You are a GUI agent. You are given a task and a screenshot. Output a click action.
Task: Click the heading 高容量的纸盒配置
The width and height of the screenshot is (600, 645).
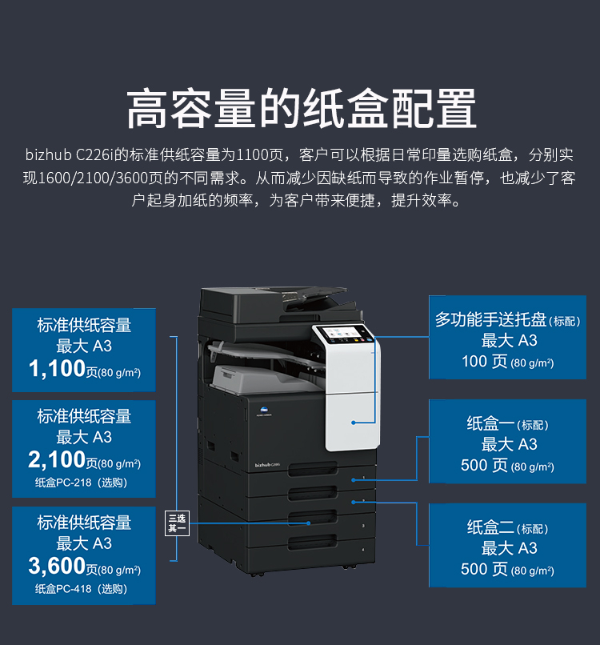pos(301,109)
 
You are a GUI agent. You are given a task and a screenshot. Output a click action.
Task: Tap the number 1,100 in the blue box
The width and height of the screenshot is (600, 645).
pos(57,369)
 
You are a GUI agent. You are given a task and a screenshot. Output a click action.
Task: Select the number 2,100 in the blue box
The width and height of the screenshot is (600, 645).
pos(57,459)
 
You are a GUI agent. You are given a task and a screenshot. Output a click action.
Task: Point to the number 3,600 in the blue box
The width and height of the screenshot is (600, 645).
pos(57,566)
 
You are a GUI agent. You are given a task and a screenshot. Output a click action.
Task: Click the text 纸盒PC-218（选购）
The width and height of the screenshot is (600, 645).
pos(81,483)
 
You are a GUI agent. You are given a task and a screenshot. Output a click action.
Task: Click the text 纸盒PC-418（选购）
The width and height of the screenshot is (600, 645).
pos(81,589)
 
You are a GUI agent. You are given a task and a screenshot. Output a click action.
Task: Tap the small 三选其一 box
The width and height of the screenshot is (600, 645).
pos(178,523)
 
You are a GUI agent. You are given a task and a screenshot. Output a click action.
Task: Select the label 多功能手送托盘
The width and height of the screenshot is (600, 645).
pos(490,319)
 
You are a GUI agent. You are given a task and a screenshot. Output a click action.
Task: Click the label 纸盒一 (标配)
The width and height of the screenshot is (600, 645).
pos(507,423)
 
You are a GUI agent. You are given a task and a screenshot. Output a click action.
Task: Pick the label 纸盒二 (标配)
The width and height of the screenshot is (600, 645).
pos(507,527)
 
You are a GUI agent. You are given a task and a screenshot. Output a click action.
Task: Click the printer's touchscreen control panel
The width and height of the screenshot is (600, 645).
pos(344,334)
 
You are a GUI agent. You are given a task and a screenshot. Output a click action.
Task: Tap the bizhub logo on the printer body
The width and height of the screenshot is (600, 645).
pos(267,465)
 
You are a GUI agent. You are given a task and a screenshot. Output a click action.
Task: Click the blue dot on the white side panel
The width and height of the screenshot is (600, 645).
pos(354,423)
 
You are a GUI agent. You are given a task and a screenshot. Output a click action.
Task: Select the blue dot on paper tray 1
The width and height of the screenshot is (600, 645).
pos(354,480)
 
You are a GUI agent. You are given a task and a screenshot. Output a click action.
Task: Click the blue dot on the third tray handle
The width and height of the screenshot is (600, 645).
pos(309,523)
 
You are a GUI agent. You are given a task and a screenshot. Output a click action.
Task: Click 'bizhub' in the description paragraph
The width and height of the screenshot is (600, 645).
pos(49,155)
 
